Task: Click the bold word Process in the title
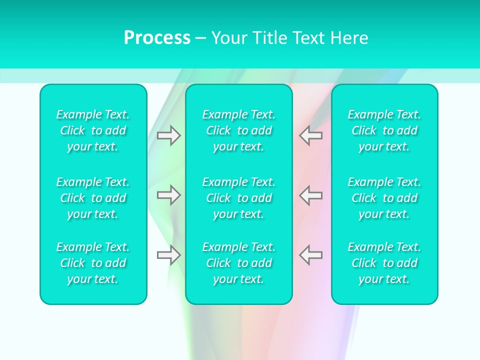pos(157,38)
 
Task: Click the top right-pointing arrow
pos(168,135)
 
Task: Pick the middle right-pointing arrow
pos(168,195)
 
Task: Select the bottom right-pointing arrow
pos(168,255)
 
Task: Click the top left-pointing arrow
pos(310,135)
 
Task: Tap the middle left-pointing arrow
pos(310,195)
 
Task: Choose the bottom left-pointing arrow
pos(310,255)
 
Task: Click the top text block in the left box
pos(93,130)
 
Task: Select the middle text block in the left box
pos(93,198)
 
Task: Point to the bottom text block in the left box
pos(93,263)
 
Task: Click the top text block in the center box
pos(238,130)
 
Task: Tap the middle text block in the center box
pos(238,198)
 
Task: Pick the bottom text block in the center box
pos(238,263)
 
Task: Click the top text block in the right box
pos(384,130)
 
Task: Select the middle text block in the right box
pos(384,198)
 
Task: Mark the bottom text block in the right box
pos(384,263)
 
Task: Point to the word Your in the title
pos(229,38)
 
